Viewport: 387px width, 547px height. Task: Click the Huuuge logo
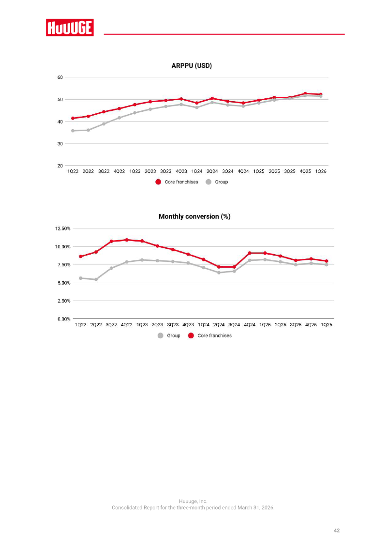(70, 28)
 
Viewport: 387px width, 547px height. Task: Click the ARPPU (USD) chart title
(192, 65)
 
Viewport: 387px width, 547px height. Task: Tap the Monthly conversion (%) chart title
(194, 216)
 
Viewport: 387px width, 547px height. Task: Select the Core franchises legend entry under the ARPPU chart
(177, 182)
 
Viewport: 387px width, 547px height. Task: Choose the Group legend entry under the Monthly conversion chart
(169, 335)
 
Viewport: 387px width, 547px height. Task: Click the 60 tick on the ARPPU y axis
(60, 77)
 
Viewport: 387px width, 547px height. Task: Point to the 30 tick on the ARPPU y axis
(60, 144)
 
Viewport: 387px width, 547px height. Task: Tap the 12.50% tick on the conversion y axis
(63, 228)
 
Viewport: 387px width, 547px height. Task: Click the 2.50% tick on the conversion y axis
(64, 301)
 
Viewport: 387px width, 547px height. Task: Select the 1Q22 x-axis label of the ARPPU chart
(73, 171)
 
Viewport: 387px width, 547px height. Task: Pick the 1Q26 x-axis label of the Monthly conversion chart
(327, 324)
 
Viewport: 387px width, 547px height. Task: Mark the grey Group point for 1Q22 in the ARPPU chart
(73, 131)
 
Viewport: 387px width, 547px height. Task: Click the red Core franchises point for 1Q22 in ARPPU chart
(73, 118)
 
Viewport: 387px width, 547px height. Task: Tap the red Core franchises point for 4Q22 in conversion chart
(127, 240)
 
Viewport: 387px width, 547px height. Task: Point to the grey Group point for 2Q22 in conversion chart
(96, 279)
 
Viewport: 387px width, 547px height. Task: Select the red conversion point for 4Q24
(250, 253)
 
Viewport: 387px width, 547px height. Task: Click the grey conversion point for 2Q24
(219, 273)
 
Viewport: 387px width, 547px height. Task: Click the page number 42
(336, 530)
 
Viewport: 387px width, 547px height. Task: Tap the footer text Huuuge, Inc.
(193, 501)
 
